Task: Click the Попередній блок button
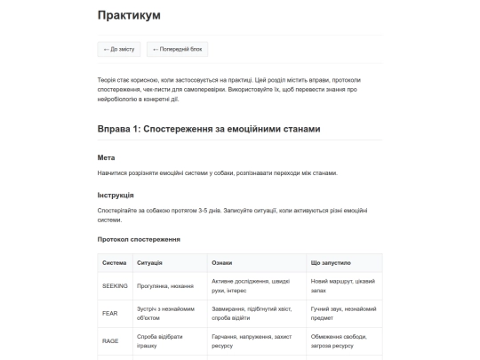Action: coord(180,50)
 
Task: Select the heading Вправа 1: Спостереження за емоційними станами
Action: coord(208,130)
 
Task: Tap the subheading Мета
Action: coord(106,157)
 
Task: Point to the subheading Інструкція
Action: coord(116,195)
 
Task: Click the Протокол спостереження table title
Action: coord(139,239)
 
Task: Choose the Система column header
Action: coord(115,263)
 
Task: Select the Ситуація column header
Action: coord(149,263)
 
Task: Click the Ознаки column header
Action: coord(222,263)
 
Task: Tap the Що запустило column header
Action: coord(331,263)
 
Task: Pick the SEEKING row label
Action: coord(116,286)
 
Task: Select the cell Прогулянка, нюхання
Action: coord(166,286)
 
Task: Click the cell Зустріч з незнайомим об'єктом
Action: coord(165,313)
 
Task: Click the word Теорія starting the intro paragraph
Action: coord(108,80)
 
